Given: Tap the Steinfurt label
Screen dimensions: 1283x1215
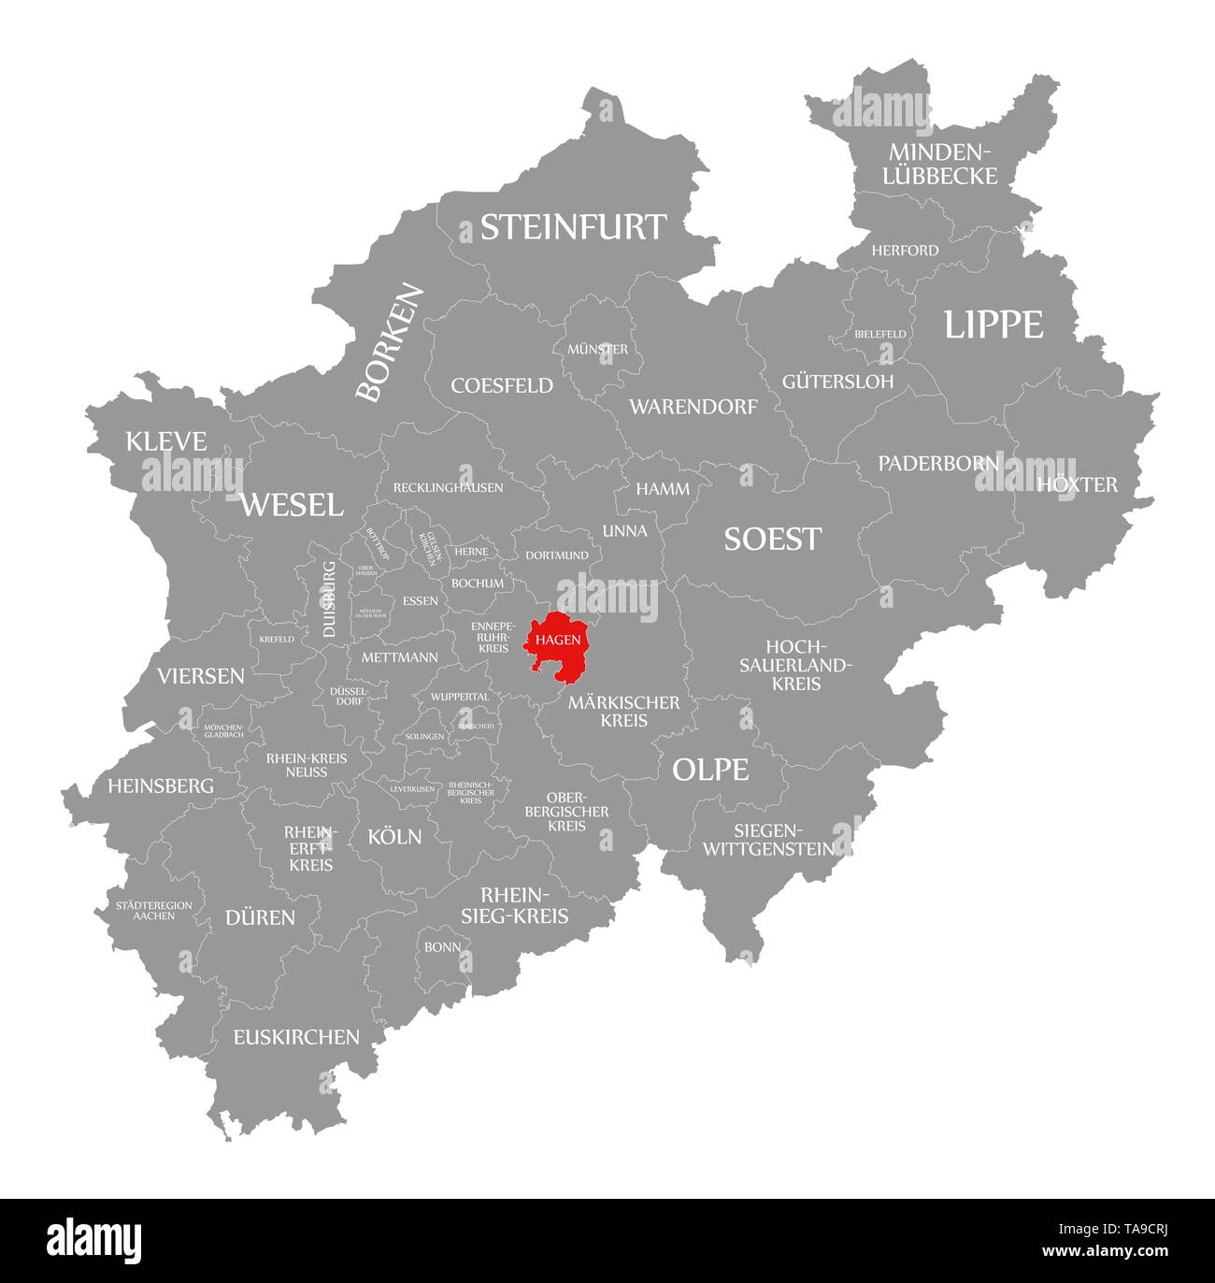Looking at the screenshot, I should pos(573,227).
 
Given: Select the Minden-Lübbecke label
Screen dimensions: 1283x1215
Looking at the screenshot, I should pos(943,163).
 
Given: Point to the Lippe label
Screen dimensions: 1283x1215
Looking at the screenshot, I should pos(993,324).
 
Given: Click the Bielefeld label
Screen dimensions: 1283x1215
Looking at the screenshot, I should pos(879,334).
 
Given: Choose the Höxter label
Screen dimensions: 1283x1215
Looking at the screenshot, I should pos(1077,484).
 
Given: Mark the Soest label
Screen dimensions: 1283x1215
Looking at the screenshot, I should pos(773,539).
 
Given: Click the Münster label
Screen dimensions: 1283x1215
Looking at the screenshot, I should pos(597,349).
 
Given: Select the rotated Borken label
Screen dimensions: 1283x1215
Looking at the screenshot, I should pos(390,343).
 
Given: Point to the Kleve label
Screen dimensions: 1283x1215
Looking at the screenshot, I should pos(166,441).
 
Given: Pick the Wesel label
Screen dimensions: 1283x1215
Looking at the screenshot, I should pos(292,505).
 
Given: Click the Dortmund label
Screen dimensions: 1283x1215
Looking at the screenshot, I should pos(557,555).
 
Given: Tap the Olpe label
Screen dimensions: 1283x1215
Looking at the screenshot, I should pos(710,770).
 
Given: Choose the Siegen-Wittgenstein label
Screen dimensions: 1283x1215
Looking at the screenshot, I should pos(768,840).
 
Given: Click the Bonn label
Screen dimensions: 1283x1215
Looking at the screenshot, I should pos(441,947).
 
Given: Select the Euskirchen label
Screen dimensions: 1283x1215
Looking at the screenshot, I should pos(296,1036).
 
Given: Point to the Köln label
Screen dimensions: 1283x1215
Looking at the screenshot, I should pos(394,836).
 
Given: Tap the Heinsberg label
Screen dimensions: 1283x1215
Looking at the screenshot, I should pos(161,786).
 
